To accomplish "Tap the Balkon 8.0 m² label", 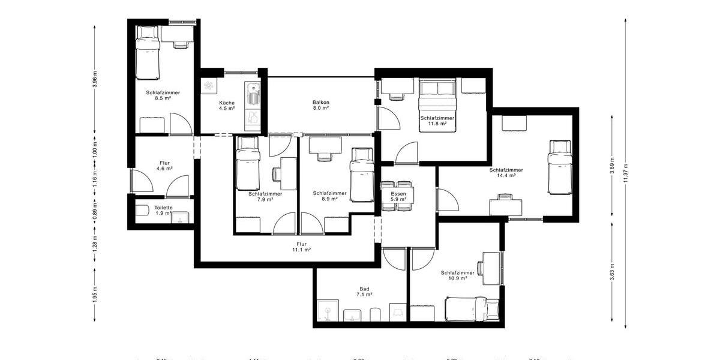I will (321, 105).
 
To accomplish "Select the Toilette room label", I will (163, 210).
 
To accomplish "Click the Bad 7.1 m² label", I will (364, 291).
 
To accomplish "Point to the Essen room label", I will (398, 197).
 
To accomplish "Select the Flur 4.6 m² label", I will (164, 166).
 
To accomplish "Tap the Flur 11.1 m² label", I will (301, 247).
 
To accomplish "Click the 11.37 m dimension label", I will (626, 174).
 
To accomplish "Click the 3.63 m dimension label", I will (611, 273).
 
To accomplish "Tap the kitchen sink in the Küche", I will (253, 95).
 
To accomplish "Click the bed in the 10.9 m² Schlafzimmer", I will (472, 309).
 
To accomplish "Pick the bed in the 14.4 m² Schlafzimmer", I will (559, 167).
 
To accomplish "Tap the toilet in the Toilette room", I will (142, 210).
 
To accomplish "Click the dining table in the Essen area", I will (397, 196).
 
